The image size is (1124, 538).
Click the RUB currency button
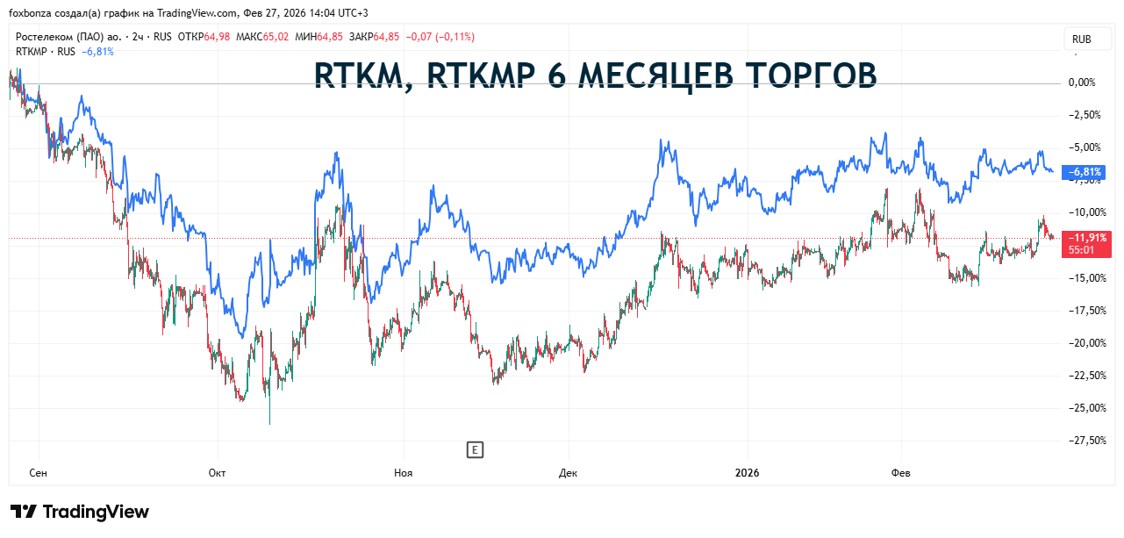[x=1081, y=39]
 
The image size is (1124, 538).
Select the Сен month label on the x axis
[x=38, y=473]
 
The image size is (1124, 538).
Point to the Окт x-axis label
[x=217, y=473]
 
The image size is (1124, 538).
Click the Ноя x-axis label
[x=403, y=473]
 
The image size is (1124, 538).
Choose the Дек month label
[x=568, y=473]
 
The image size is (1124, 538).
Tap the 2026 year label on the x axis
[x=747, y=473]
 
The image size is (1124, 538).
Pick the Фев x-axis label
[x=901, y=473]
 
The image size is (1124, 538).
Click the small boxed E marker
[x=474, y=450]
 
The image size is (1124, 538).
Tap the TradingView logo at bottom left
[x=80, y=512]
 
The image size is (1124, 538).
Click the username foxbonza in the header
[x=31, y=12]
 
